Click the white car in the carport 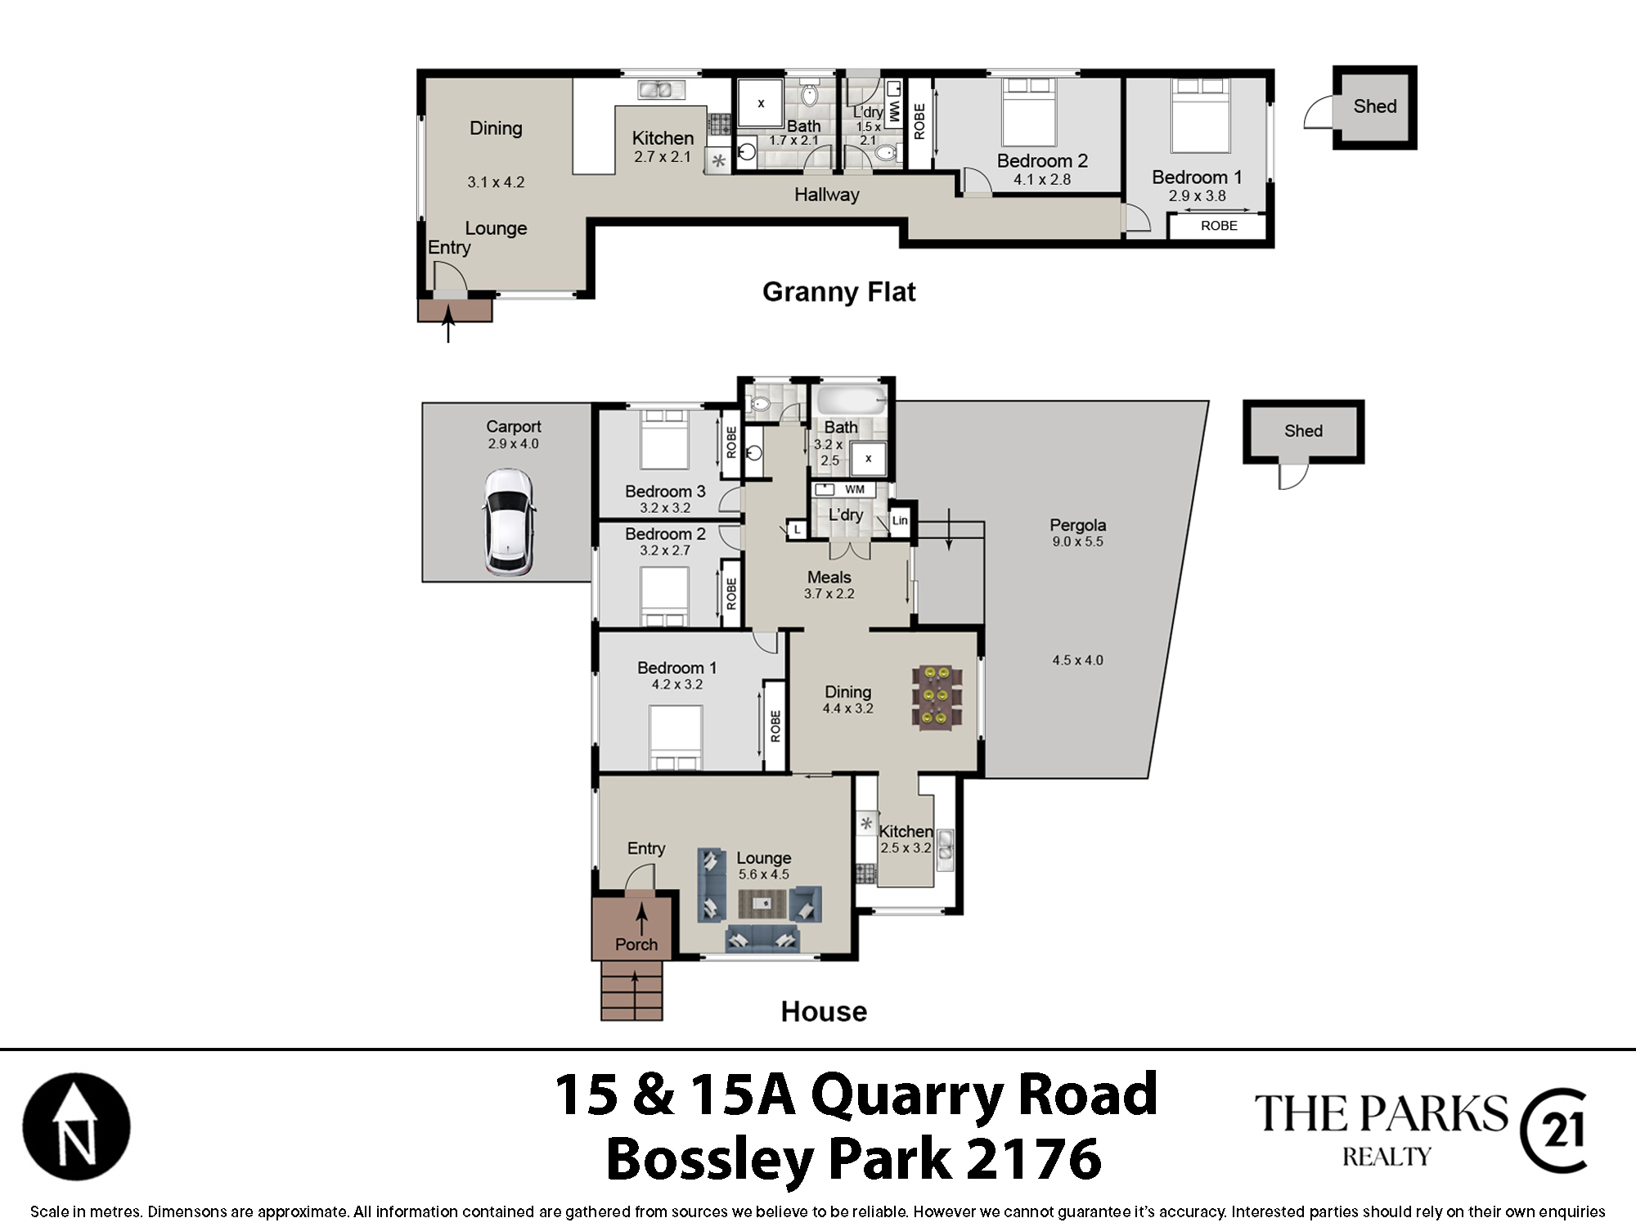click(x=509, y=522)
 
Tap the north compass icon click(x=76, y=1126)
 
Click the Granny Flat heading click(x=838, y=292)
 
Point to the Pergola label click(x=1078, y=525)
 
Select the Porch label click(x=636, y=945)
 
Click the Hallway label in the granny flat click(x=827, y=195)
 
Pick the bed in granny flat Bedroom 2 click(x=1028, y=112)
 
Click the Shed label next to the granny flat click(x=1375, y=106)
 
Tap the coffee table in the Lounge click(x=762, y=904)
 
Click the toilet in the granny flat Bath click(x=809, y=96)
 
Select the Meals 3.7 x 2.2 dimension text click(x=829, y=594)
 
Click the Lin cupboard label click(x=900, y=520)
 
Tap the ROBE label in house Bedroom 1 click(x=775, y=726)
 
